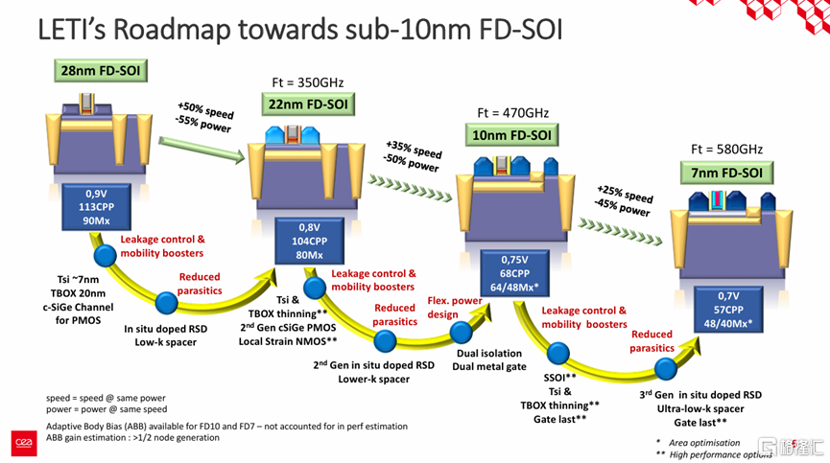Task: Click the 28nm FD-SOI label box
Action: click(101, 70)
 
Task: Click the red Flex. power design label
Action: click(455, 307)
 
